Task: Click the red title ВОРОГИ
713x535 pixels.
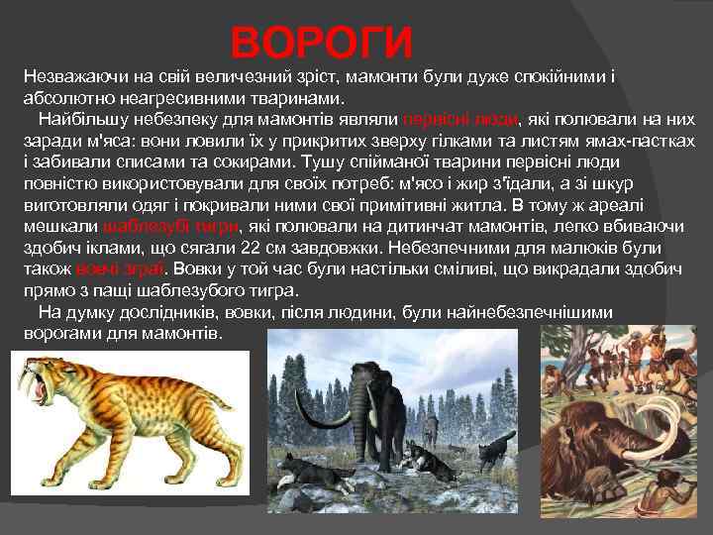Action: click(321, 42)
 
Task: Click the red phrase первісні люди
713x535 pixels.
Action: click(460, 118)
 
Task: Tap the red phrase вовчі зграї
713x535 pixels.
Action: click(120, 267)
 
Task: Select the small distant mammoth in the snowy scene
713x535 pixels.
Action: click(430, 429)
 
